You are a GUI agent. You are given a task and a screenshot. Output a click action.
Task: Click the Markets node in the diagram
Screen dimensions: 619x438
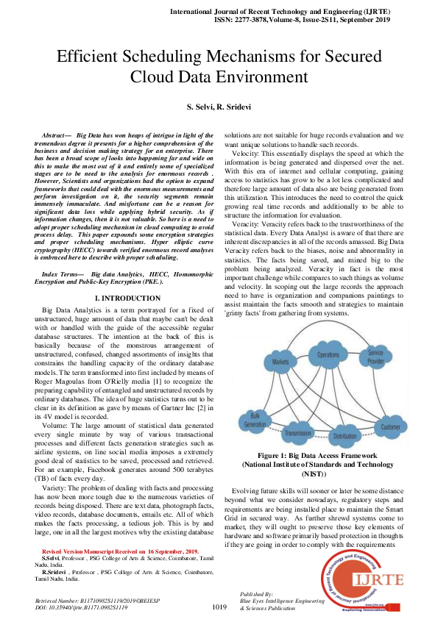(x=280, y=362)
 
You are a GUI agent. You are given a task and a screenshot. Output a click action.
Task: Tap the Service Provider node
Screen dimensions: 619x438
(x=375, y=357)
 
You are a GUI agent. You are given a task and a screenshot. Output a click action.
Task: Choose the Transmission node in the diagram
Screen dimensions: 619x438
(x=297, y=432)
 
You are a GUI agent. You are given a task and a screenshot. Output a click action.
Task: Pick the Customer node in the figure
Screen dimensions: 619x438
(x=411, y=426)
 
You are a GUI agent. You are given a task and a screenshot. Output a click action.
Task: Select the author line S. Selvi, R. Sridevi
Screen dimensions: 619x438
(x=219, y=107)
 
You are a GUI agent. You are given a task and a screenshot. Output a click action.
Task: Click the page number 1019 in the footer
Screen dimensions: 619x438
(x=219, y=607)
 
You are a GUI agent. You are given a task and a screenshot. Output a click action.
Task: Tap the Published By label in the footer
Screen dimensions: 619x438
(x=257, y=593)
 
